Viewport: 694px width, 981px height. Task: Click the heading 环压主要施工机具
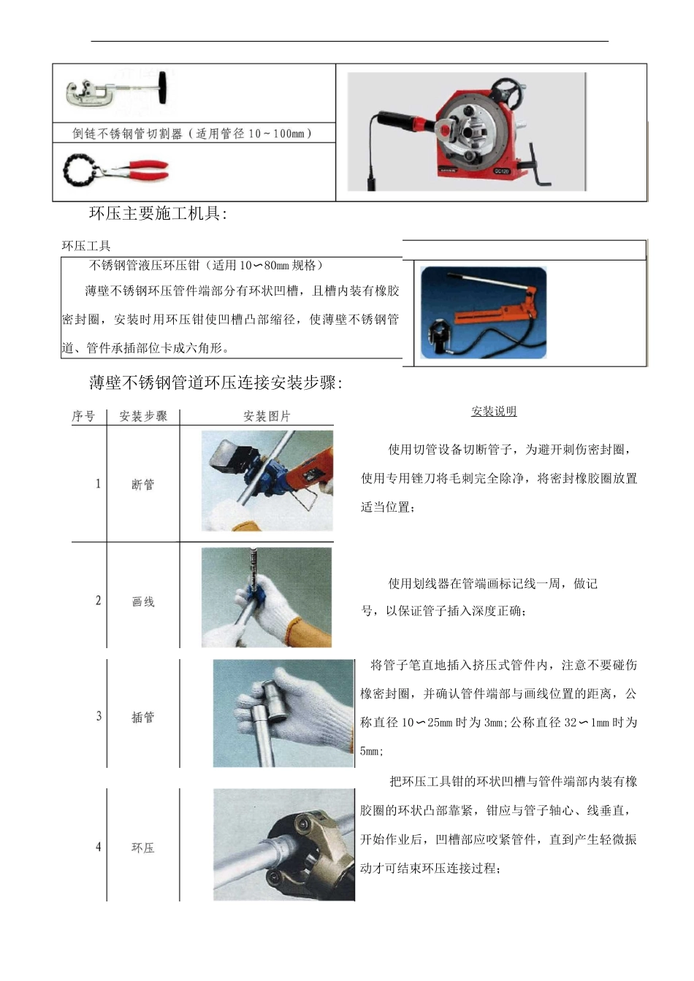click(158, 214)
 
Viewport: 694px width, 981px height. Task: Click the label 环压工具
click(86, 246)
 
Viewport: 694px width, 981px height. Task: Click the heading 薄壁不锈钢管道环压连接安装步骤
click(216, 382)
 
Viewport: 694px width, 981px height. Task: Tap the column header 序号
click(84, 416)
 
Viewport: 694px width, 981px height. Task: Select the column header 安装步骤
click(143, 416)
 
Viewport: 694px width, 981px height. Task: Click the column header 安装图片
click(267, 416)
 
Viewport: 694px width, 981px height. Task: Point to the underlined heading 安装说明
click(494, 411)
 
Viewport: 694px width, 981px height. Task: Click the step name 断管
click(143, 485)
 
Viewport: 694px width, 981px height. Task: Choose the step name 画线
click(143, 601)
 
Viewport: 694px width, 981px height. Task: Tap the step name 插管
click(143, 717)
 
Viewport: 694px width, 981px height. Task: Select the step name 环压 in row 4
click(143, 847)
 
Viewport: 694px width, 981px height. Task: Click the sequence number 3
click(99, 716)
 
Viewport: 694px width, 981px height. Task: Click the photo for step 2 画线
click(267, 597)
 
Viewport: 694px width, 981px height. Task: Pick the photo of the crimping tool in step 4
click(283, 845)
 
